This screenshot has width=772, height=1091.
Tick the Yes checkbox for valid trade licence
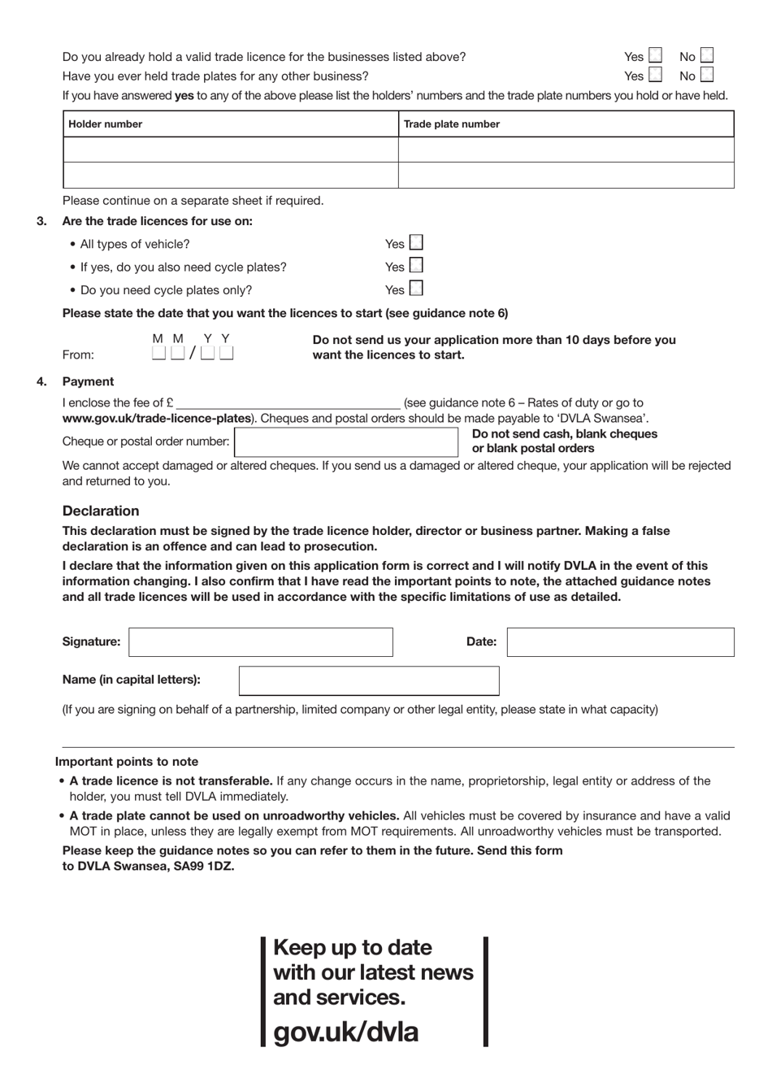(656, 56)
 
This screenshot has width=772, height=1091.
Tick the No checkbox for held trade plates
(707, 76)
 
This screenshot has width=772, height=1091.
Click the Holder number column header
(106, 124)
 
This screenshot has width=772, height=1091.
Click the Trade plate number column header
(451, 124)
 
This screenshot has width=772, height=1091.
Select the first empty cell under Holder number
(231, 150)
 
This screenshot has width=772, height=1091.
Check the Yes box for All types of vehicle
(416, 243)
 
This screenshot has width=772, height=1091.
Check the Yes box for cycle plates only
(416, 289)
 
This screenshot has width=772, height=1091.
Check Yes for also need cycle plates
(416, 266)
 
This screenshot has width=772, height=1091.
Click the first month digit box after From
(159, 354)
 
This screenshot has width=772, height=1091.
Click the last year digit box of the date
(227, 354)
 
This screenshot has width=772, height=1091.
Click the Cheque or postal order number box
(346, 442)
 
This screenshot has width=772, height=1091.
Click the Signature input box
(261, 642)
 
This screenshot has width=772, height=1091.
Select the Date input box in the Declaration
(620, 642)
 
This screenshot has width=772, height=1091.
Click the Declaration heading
(101, 511)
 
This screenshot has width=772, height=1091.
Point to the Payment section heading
(88, 382)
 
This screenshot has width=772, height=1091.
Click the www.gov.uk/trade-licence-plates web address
(157, 419)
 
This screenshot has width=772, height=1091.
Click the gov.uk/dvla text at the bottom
(346, 1032)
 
